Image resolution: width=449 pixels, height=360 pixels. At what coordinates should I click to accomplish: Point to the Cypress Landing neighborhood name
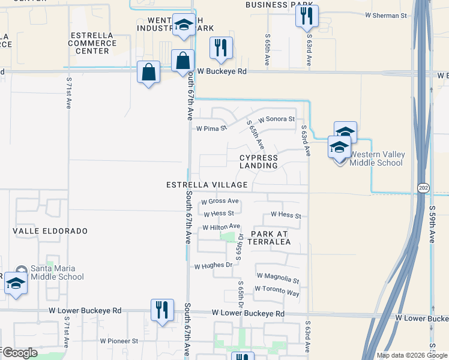pyautogui.click(x=259, y=161)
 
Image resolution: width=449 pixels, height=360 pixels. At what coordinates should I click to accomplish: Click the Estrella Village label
pyautogui.click(x=207, y=185)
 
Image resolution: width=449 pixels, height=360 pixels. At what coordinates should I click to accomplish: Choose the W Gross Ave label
pyautogui.click(x=220, y=202)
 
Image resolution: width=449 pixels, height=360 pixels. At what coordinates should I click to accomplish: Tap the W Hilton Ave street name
pyautogui.click(x=221, y=227)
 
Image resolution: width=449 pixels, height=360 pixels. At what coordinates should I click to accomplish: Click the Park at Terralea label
pyautogui.click(x=271, y=238)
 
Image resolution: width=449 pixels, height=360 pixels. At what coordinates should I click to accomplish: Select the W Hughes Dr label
pyautogui.click(x=213, y=265)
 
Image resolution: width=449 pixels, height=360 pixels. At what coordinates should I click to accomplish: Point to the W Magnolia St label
pyautogui.click(x=278, y=277)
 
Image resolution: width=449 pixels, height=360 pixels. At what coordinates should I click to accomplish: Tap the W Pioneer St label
pyautogui.click(x=119, y=341)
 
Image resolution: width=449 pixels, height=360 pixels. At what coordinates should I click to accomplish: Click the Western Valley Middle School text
pyautogui.click(x=376, y=159)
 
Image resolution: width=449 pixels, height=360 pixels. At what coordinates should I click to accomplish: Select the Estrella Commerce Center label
pyautogui.click(x=93, y=43)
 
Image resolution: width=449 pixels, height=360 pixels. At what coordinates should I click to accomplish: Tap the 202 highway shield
pyautogui.click(x=423, y=188)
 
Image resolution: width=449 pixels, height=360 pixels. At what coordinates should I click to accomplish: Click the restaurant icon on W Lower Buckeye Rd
pyautogui.click(x=162, y=310)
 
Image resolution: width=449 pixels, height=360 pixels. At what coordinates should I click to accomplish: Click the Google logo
pyautogui.click(x=20, y=353)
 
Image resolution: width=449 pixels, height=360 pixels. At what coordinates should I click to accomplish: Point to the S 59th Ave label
pyautogui.click(x=432, y=224)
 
